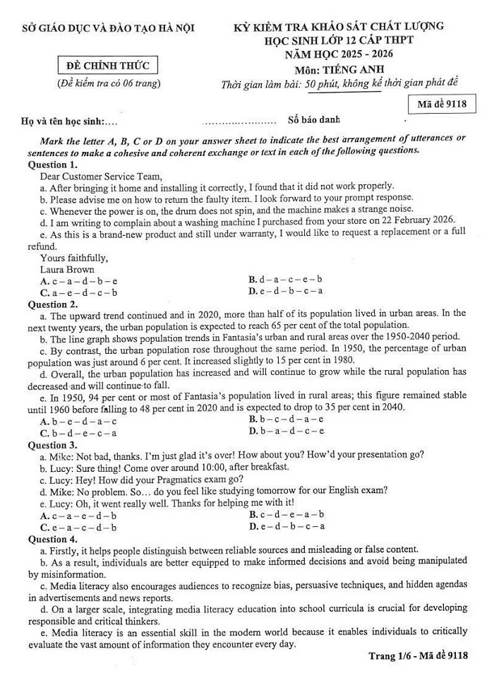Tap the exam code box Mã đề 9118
click(x=442, y=105)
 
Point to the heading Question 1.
click(x=52, y=164)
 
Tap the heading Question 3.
click(x=52, y=445)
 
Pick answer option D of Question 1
click(x=286, y=292)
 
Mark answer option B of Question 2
click(x=286, y=421)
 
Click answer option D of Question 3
click(x=286, y=526)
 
